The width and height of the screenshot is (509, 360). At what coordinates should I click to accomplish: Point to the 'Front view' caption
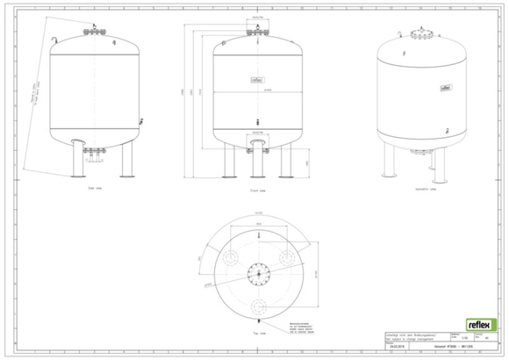point(256,188)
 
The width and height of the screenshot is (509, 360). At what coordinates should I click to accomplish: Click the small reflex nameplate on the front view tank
point(257,77)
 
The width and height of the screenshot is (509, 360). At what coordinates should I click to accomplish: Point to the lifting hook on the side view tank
point(55,39)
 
